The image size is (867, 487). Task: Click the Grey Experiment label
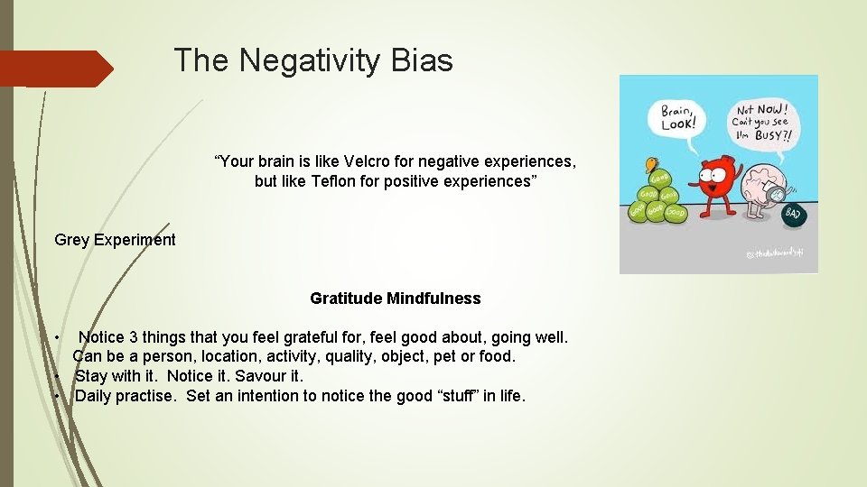pyautogui.click(x=115, y=240)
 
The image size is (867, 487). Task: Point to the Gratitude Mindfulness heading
pyautogui.click(x=395, y=299)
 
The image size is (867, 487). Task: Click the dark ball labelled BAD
pyautogui.click(x=792, y=214)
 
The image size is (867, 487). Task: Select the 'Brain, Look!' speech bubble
pyautogui.click(x=676, y=117)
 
